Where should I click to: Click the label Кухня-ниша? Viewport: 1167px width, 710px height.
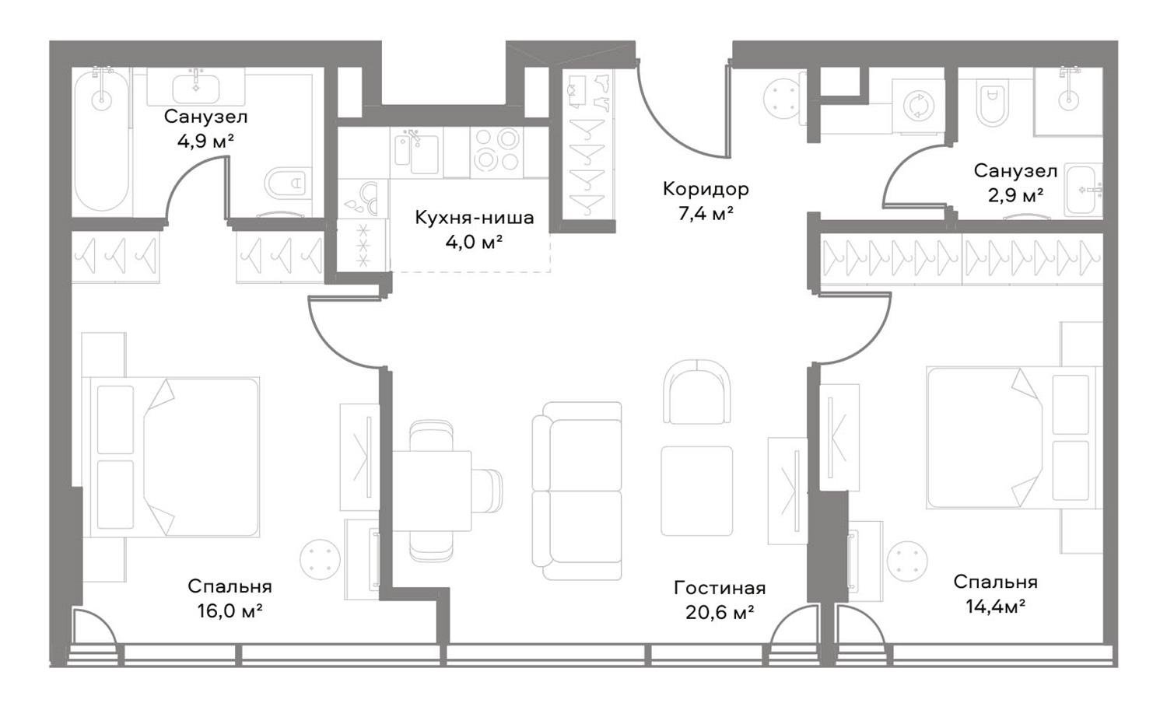point(474,217)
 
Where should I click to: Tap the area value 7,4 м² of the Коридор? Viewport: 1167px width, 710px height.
point(706,213)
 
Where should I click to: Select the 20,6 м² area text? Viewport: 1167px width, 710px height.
point(720,613)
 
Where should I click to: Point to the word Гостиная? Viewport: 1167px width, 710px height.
point(720,588)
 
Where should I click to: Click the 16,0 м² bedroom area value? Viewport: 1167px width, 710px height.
point(230,610)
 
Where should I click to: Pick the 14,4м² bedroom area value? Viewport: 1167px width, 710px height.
point(996,607)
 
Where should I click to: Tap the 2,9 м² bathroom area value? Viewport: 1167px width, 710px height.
point(1015,196)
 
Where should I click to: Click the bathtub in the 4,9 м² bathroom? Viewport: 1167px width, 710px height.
point(102,142)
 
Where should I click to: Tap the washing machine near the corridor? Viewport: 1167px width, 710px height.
point(918,106)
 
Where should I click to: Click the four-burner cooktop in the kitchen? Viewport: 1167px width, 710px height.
point(496,152)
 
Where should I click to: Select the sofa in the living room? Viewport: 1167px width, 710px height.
point(577,490)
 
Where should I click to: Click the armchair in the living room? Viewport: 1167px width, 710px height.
point(697,392)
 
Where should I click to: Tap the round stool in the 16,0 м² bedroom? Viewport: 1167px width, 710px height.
point(320,559)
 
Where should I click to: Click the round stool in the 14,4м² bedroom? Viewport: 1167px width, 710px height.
point(908,561)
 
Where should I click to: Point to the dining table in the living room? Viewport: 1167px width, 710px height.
point(431,491)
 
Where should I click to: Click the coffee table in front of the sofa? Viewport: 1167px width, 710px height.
point(697,491)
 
